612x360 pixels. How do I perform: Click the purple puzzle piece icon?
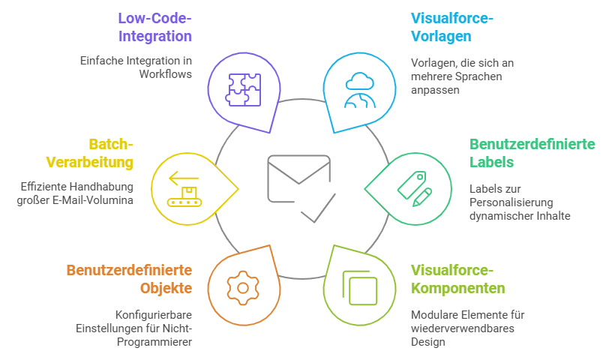[244, 89]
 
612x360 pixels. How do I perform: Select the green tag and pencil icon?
[414, 187]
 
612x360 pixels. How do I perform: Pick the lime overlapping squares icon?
[360, 286]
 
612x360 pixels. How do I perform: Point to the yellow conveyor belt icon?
[185, 187]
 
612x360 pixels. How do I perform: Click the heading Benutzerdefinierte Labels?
[532, 152]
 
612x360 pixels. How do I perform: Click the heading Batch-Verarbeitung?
[90, 152]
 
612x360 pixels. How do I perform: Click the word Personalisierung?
[509, 202]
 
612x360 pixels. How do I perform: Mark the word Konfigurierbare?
[154, 315]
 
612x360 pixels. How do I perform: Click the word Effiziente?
[43, 187]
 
